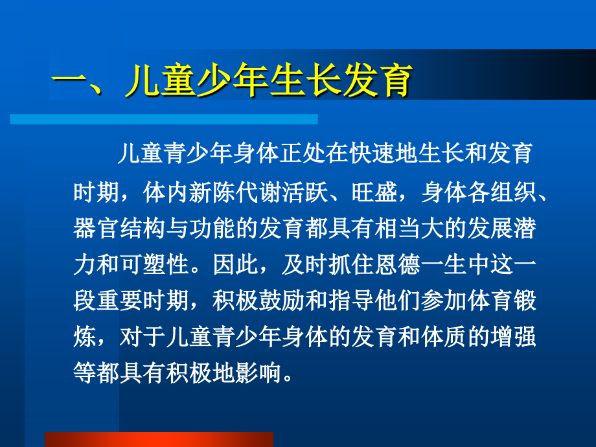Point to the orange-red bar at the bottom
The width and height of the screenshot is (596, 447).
tap(159, 439)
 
